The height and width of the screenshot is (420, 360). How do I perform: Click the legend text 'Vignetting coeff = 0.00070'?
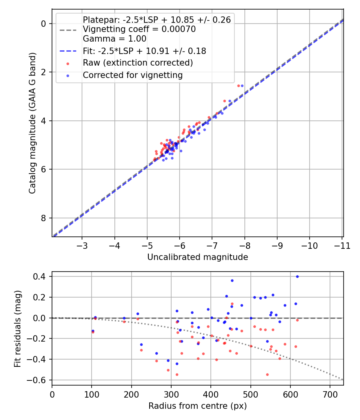point(139,29)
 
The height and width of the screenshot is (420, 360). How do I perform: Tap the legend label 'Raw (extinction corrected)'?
point(138,63)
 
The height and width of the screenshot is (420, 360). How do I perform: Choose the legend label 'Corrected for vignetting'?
point(132,75)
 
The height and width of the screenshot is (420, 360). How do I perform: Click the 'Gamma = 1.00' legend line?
point(114,39)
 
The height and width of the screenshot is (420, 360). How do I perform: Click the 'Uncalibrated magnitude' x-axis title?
point(198,257)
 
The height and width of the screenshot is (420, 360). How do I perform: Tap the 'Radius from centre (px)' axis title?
point(198,406)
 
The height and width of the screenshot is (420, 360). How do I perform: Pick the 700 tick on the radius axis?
point(330,394)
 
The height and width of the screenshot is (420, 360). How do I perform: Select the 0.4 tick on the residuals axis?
point(42,276)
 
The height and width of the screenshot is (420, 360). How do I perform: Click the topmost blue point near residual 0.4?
point(297,276)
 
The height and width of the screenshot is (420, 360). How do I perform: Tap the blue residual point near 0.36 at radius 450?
point(232,280)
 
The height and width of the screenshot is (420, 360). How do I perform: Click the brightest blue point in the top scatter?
point(242,86)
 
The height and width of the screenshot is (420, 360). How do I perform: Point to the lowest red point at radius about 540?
point(267,374)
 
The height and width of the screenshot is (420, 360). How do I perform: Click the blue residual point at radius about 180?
point(124,318)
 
